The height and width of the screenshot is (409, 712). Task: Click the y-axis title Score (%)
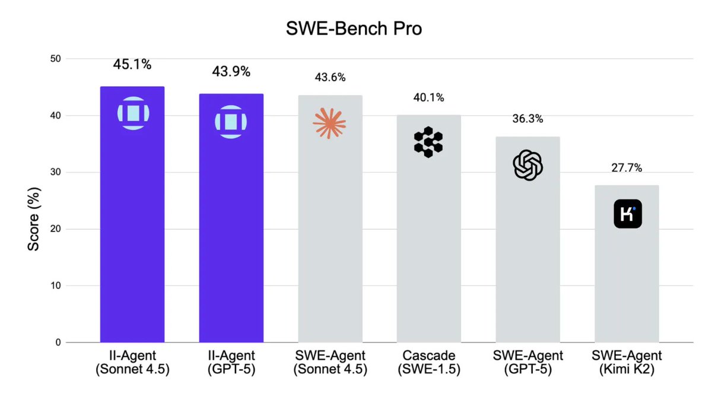pos(34,201)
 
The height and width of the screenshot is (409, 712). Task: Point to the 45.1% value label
pos(132,64)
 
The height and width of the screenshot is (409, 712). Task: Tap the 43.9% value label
pos(231,71)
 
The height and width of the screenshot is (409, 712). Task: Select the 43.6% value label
pos(330,77)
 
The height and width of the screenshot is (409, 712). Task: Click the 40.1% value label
pos(428,97)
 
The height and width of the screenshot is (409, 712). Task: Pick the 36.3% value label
pos(527,119)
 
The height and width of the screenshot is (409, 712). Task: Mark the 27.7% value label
pos(627,168)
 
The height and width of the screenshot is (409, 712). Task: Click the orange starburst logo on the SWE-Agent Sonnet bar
pos(329,123)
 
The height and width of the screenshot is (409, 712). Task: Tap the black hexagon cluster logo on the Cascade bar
pos(428,142)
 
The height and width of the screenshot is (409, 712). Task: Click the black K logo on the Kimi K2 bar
pos(627,214)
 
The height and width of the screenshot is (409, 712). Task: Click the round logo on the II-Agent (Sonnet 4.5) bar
pos(133,113)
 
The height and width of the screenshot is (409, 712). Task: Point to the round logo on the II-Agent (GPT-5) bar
pos(231,122)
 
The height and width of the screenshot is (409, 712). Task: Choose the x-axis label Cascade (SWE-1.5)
pos(429,362)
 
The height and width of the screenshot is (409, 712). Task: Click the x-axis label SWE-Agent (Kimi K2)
pos(627,362)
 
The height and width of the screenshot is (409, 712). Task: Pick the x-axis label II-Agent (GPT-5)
pos(231,362)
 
